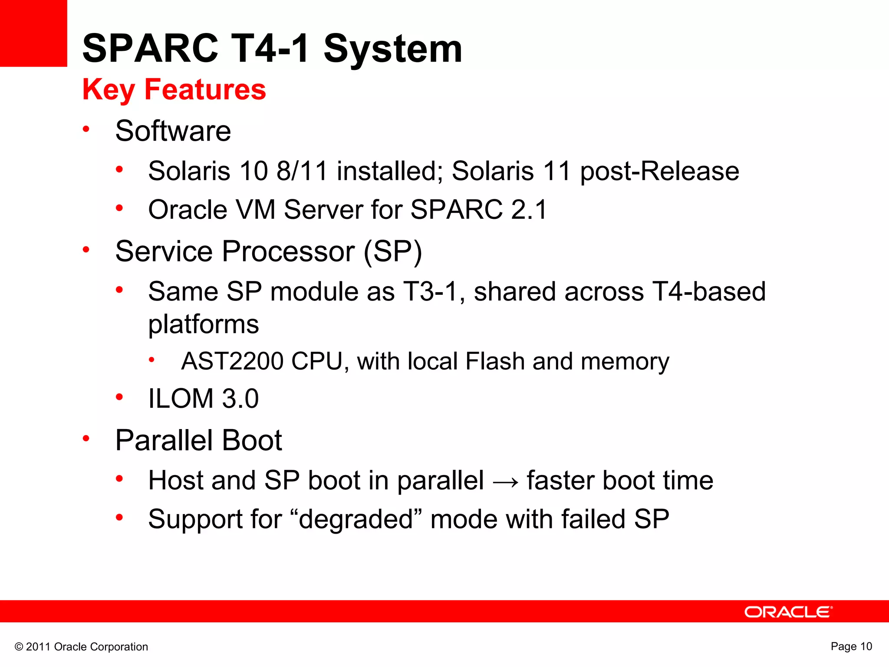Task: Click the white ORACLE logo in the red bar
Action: tap(788, 612)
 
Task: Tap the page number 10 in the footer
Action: tap(866, 646)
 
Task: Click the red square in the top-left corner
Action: tap(33, 33)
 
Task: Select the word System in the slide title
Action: tap(393, 49)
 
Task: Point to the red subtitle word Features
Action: tap(205, 89)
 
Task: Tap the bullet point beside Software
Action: tap(86, 129)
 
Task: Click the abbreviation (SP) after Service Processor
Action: tap(392, 251)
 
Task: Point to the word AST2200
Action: tap(232, 361)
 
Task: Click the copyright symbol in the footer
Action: tap(19, 647)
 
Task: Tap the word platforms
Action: tap(204, 324)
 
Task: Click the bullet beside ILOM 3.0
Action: tap(119, 397)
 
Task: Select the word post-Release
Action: tap(660, 171)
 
